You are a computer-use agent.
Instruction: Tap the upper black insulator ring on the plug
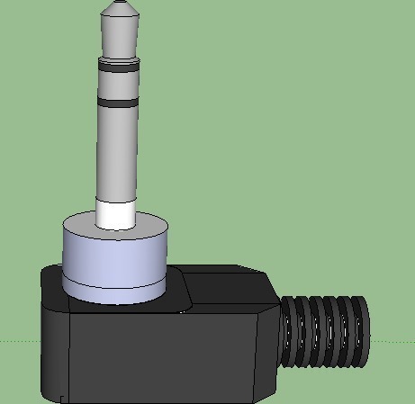pyautogui.click(x=120, y=66)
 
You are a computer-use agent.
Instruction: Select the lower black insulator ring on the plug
pyautogui.click(x=119, y=103)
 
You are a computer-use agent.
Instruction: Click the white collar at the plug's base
pyautogui.click(x=116, y=215)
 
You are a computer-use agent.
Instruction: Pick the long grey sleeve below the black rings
pyautogui.click(x=117, y=153)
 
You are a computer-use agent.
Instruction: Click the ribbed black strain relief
pyautogui.click(x=324, y=331)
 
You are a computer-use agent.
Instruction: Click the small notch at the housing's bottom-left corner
pyautogui.click(x=61, y=397)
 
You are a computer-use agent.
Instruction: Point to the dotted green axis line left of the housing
pyautogui.click(x=18, y=341)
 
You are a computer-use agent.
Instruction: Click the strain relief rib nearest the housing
pyautogui.click(x=291, y=332)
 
